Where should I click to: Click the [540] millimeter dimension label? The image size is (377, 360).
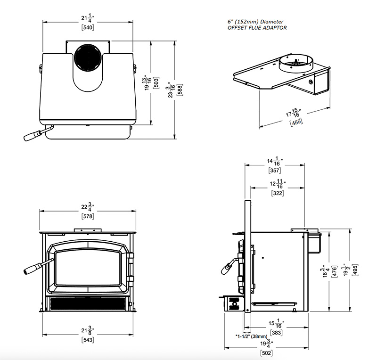tap(88, 27)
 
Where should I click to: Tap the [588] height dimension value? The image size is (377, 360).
tap(180, 90)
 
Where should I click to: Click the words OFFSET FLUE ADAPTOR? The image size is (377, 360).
tap(256, 28)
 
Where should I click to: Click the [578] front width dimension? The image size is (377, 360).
tap(88, 216)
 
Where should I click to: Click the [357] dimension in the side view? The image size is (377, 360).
tap(275, 170)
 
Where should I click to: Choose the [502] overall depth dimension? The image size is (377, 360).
tap(267, 352)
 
